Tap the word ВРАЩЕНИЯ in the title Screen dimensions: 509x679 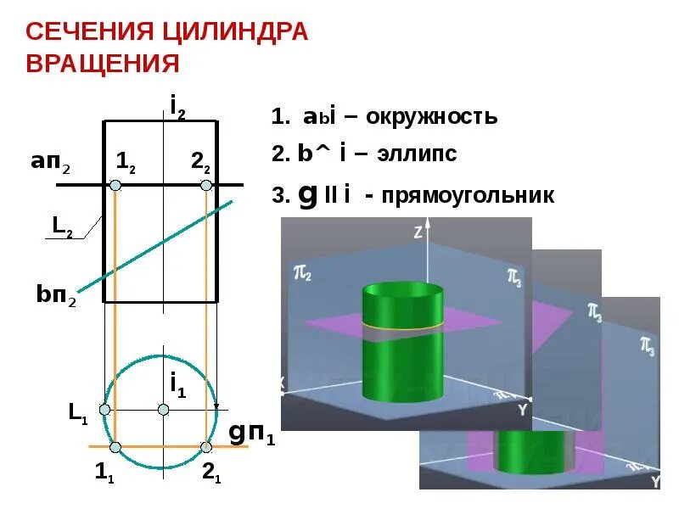[x=103, y=64]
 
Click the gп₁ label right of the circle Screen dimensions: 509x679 [x=253, y=433]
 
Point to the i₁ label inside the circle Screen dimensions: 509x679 [x=177, y=386]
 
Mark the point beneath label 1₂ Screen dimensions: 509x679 [x=115, y=185]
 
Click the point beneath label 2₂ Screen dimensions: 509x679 [x=205, y=185]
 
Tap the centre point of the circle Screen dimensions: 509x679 [x=164, y=409]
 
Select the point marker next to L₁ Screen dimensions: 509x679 [x=104, y=410]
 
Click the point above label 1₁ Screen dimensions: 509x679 [x=115, y=446]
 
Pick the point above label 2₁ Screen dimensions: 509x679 [x=205, y=446]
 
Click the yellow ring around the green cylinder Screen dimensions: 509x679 [x=402, y=325]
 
